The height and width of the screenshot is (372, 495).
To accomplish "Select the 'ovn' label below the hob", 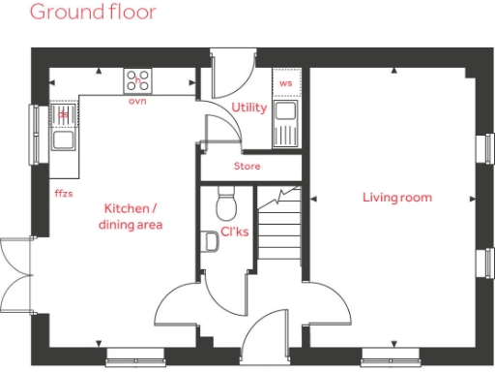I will (x=136, y=100).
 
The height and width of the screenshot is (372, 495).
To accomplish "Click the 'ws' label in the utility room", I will (x=285, y=84).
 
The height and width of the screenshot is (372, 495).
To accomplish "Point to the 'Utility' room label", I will (x=249, y=108).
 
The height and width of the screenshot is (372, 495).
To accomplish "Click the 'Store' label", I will (x=247, y=167).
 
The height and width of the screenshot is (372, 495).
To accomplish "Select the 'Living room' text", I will (x=396, y=198).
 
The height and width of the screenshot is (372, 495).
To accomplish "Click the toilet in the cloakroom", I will (x=225, y=202).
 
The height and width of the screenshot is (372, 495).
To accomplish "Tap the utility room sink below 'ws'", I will (x=284, y=121).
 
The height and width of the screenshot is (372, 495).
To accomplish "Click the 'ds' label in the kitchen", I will (x=64, y=113).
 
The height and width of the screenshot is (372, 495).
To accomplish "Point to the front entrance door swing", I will (x=266, y=334).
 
